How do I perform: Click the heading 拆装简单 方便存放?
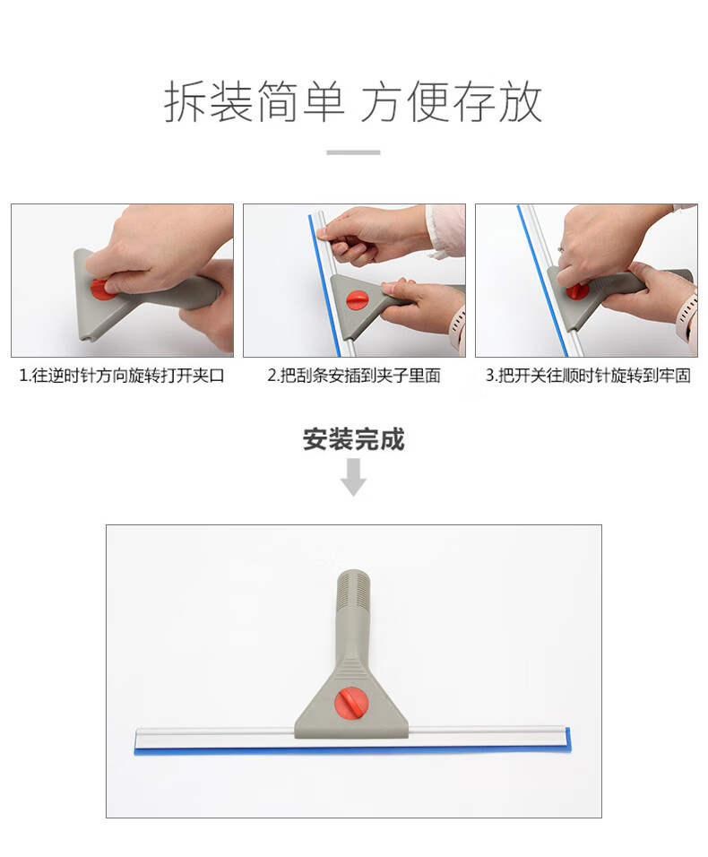pos(353,101)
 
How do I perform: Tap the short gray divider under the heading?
pos(353,152)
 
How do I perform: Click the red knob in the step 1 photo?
pos(101,288)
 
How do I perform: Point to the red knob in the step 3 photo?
pos(577,290)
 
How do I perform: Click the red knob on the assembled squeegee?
pos(350,704)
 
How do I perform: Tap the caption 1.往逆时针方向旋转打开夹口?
pos(122,376)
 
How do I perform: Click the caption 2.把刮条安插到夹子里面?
pos(354,376)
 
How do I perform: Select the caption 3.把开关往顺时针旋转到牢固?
pos(588,376)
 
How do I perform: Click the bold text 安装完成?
pos(353,439)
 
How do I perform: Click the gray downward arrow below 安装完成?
pos(353,477)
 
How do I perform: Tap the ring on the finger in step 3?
pos(561,249)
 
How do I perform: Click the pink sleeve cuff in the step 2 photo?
pos(446,230)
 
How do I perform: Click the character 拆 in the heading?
pos(186,101)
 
